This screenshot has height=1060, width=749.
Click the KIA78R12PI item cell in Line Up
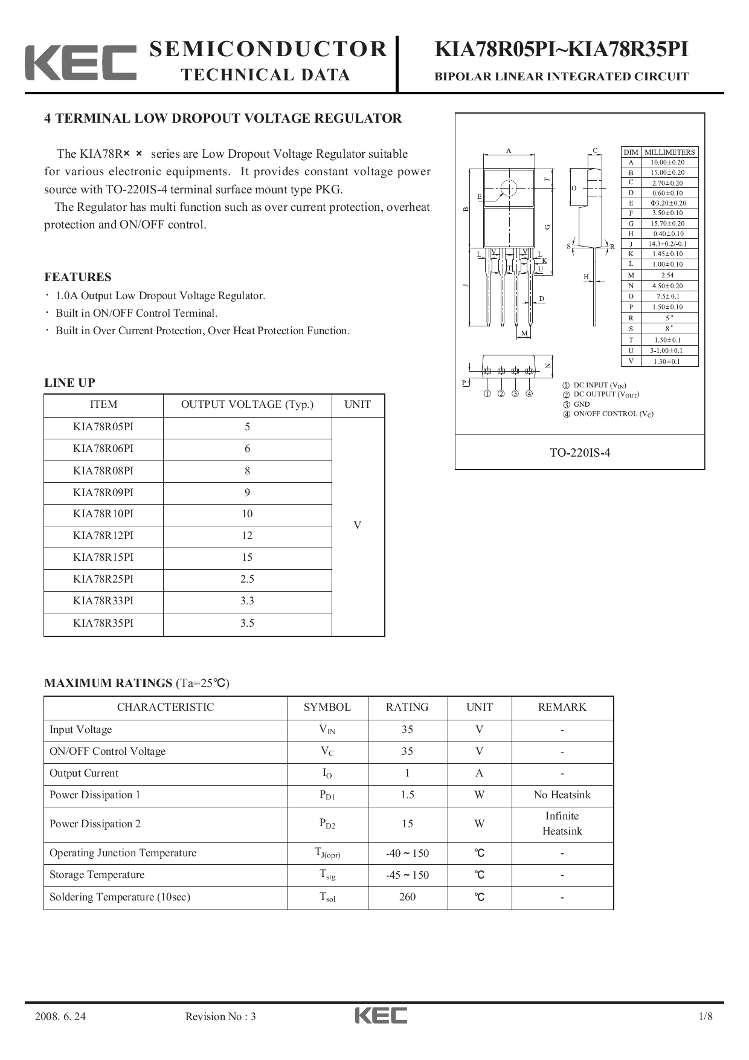(103, 535)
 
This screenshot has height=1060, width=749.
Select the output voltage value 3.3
(247, 601)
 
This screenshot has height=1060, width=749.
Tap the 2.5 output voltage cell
(247, 579)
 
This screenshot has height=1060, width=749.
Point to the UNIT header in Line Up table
(358, 404)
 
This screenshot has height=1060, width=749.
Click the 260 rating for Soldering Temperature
(407, 897)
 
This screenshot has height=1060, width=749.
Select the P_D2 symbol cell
(327, 824)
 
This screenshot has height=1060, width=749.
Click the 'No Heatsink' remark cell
(562, 795)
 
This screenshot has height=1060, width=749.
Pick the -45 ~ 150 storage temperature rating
(407, 875)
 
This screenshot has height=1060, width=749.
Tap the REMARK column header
(562, 707)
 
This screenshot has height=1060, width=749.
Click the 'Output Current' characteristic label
(84, 773)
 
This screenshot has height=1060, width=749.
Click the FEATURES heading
(78, 277)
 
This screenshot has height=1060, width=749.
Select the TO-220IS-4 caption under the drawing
(579, 453)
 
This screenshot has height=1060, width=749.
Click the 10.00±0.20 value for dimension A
(667, 162)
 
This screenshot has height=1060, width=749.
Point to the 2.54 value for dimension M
(667, 275)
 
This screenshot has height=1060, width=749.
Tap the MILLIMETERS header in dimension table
(669, 152)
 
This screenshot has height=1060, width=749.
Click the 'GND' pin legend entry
(581, 404)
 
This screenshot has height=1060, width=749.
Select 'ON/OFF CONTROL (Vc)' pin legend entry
(613, 414)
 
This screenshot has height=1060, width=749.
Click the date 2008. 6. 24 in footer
(60, 1016)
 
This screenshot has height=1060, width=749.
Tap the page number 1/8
(705, 1016)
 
